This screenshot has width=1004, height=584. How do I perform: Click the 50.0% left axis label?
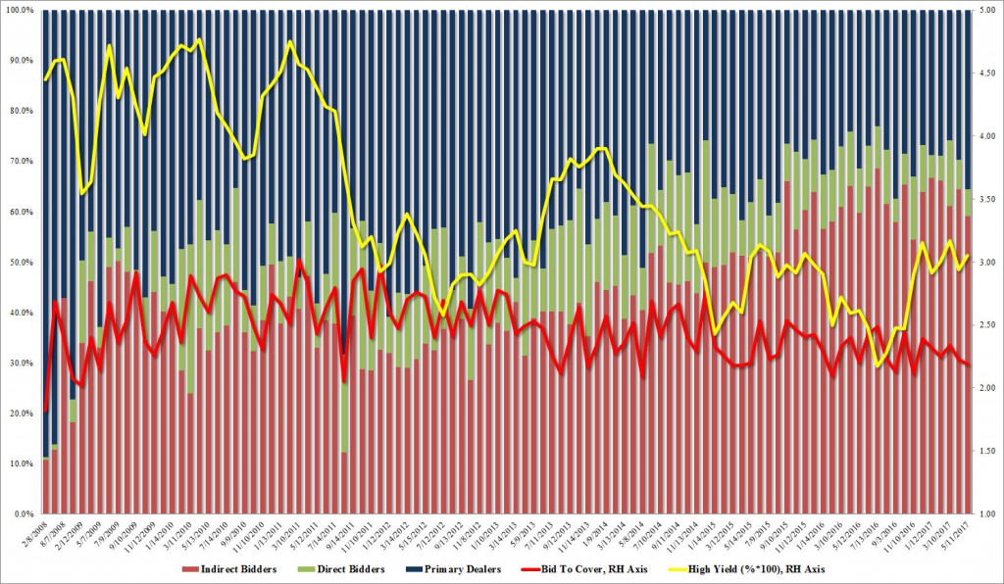coord(22,263)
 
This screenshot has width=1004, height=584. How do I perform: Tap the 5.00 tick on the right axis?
coord(989,10)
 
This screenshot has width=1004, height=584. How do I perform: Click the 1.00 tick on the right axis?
coord(989,514)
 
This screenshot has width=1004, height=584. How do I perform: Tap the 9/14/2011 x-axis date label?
coord(335,535)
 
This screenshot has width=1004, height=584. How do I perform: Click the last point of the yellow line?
coord(969,256)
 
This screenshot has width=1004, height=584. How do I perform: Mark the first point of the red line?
coord(45,412)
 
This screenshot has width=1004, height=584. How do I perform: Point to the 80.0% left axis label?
coord(22,111)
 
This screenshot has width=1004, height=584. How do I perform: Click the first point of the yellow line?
coord(45,79)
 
